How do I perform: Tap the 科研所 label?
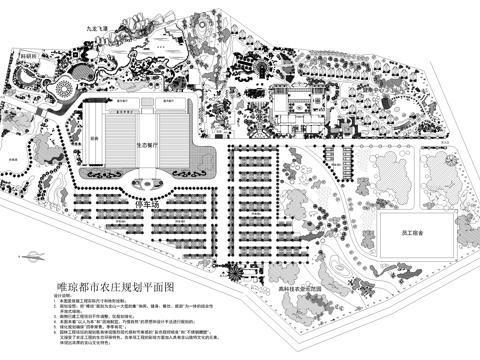(x=29, y=56)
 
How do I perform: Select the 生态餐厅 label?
(x=160, y=143)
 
